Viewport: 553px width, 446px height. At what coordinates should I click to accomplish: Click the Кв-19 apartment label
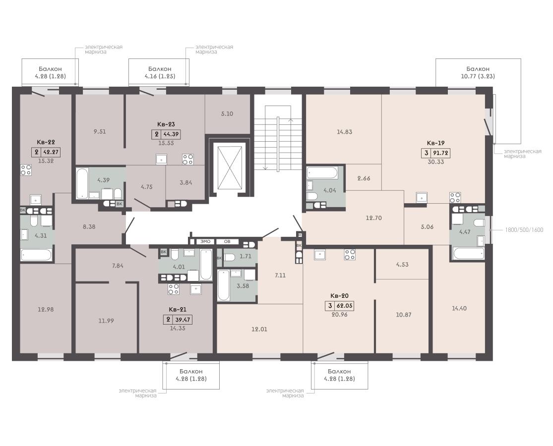[x=435, y=143]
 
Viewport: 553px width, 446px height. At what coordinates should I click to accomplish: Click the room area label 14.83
[x=344, y=132]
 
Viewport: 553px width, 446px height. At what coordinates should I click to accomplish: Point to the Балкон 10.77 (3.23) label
[x=478, y=72]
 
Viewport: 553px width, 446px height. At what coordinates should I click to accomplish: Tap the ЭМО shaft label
[x=205, y=242]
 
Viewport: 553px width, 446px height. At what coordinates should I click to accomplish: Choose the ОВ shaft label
[x=227, y=242]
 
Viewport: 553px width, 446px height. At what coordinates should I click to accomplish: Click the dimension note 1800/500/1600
[x=524, y=230]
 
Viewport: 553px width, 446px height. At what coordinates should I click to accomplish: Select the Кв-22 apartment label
[x=46, y=142]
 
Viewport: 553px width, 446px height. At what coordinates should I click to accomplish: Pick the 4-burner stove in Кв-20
[x=350, y=254]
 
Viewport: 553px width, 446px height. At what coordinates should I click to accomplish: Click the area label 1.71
[x=246, y=257]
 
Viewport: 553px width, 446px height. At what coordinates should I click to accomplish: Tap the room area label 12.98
[x=46, y=309]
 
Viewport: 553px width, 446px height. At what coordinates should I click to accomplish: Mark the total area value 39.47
[x=183, y=320]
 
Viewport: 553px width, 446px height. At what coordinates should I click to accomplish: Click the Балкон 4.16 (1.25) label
[x=160, y=72]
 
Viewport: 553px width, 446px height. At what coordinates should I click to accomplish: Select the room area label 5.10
[x=227, y=114]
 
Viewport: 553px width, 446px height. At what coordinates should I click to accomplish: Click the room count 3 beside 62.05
[x=330, y=306]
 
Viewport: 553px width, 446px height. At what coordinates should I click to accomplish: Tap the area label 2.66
[x=364, y=178]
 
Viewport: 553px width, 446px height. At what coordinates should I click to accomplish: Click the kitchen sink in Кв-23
[x=162, y=160]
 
